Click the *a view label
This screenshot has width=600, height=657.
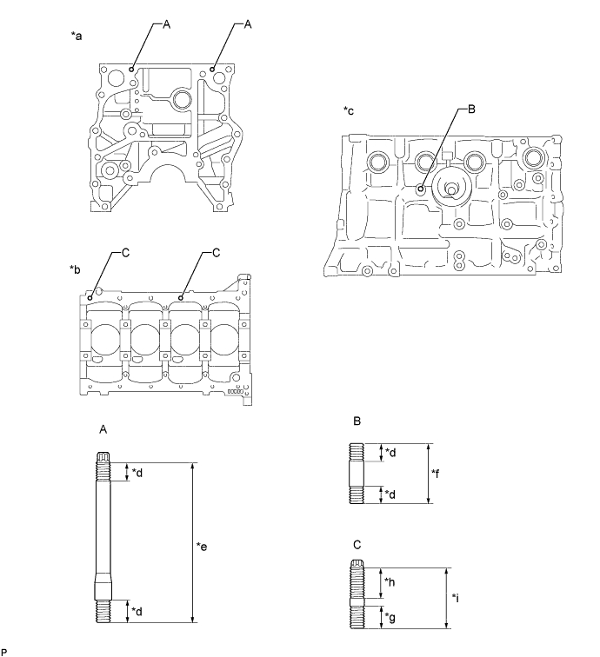77,37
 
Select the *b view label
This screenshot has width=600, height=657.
77,269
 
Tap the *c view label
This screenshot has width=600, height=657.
349,110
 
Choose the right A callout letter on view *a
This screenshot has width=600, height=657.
248,26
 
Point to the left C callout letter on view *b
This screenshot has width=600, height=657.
126,253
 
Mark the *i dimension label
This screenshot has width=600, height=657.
458,598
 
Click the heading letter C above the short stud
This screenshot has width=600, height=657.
357,544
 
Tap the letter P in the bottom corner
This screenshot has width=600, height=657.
5,651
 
